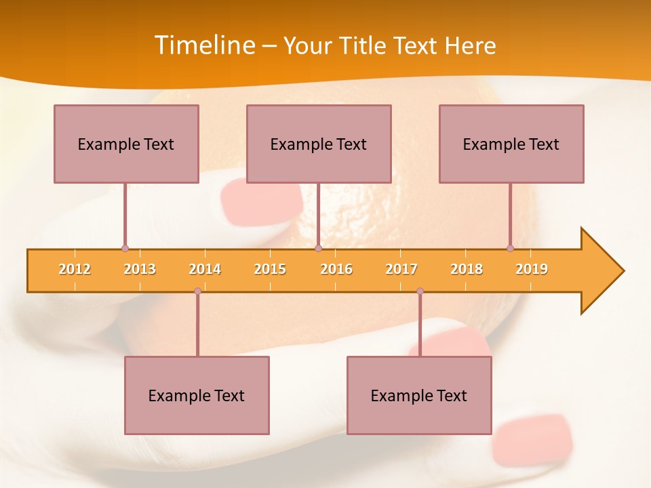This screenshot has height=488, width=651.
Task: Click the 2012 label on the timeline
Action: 75,269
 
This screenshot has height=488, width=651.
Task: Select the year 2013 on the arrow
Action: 140,269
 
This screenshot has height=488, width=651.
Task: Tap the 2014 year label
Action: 205,269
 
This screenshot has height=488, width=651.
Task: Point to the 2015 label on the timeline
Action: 270,269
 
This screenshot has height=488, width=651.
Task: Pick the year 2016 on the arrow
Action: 336,269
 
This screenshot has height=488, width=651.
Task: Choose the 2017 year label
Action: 401,269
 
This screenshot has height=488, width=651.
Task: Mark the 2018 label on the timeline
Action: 467,269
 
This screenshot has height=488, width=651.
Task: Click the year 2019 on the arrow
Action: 532,269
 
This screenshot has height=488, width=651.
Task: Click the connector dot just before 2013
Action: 125,249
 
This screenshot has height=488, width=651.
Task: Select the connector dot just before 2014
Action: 197,291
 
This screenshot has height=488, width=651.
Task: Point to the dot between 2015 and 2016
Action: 318,249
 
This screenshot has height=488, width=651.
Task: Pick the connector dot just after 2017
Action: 420,291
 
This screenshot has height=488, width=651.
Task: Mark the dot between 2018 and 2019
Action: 510,249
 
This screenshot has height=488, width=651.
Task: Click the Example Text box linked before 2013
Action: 126,144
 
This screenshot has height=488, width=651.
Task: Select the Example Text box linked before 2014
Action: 197,395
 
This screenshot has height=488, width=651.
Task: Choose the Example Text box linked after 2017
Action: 419,395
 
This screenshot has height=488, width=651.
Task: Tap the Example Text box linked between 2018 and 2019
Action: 511,144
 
